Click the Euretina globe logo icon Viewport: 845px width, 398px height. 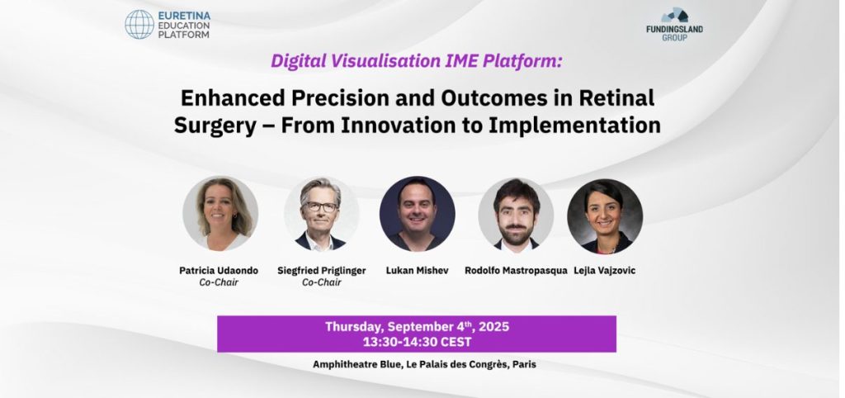pos(139,24)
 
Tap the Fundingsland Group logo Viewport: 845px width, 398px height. pos(674,24)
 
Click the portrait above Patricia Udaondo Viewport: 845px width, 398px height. pos(220,213)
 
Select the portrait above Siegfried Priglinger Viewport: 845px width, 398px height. pos(321,214)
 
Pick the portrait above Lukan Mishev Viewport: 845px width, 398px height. pos(417,214)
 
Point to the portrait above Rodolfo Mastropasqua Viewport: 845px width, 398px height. pos(516,215)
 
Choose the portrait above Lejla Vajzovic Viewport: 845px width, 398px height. pos(605,216)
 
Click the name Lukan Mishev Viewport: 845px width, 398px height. pos(417,271)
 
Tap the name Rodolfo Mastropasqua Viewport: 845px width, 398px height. pos(516,271)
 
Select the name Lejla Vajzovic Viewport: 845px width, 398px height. pos(605,271)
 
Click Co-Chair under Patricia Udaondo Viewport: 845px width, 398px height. pos(219,282)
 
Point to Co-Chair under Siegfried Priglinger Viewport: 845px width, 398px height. pos(321,282)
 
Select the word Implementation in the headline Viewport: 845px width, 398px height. pos(574,126)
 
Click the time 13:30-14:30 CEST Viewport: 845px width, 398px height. pos(417,342)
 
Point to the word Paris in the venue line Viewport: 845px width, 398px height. pos(524,365)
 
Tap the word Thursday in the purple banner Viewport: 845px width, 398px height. pos(354,327)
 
